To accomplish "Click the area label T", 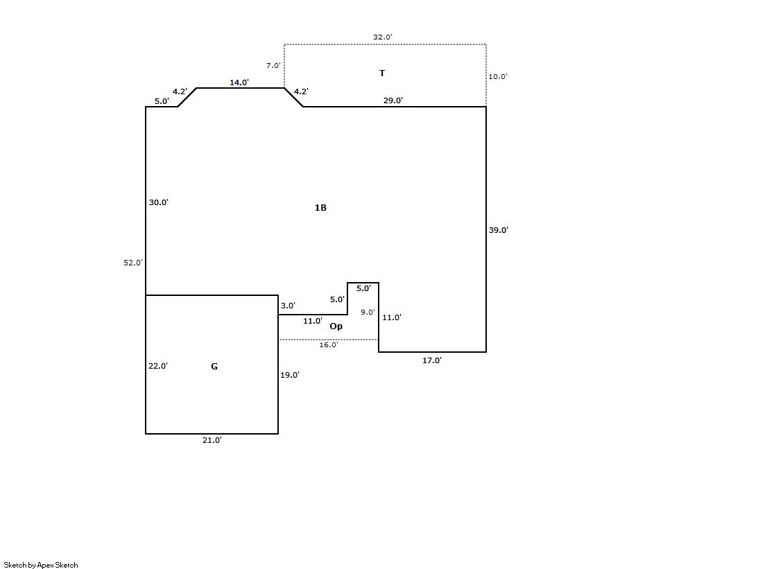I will point(382,73).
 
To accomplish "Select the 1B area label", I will point(320,208).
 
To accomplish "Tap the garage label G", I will point(214,367).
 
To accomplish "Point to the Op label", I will point(336,326).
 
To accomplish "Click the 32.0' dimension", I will point(383,37).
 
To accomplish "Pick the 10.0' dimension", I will point(498,77).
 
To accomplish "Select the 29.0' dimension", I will point(393,100).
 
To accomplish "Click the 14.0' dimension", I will point(239,82).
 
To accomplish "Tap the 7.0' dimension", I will point(273,66).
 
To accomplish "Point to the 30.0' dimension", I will point(159,203).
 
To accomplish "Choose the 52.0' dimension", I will point(132,263).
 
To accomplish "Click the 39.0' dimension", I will point(499,230).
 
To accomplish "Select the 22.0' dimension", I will point(158,367).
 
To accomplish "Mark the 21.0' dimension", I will point(212,440).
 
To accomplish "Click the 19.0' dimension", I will point(290,375).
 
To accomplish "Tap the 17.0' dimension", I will point(432,360).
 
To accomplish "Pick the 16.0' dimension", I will point(329,344).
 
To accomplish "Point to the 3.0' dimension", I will point(288,306).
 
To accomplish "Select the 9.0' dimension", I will point(368,313).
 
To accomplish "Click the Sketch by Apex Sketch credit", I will point(41,565).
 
